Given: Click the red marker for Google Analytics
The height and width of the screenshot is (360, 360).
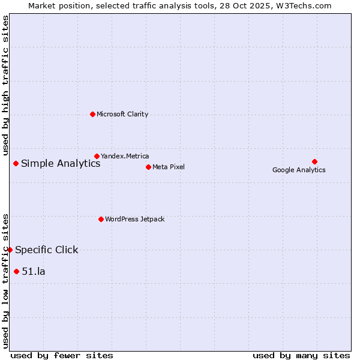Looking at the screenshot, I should tap(314, 161).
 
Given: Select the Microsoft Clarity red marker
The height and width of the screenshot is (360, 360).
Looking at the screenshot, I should tap(92, 114).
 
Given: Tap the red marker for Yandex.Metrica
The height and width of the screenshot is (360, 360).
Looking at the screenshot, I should tap(97, 156).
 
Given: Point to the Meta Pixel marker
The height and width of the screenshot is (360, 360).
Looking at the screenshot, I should tap(148, 167).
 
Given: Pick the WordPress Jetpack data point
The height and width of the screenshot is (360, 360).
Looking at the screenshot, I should tap(101, 219).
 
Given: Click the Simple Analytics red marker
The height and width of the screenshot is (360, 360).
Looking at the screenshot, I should tap(16, 163).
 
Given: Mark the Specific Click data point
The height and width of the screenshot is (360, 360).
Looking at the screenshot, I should tap(10, 250).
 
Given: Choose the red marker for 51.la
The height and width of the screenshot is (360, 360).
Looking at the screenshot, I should tap(16, 271).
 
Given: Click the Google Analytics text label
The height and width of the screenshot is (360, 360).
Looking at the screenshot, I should tap(299, 170).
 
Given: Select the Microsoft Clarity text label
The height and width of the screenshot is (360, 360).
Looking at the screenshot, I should tap(122, 114).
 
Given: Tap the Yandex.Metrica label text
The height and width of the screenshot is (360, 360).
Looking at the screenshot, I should tap(125, 156).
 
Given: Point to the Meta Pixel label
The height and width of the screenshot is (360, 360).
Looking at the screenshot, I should tap(169, 167).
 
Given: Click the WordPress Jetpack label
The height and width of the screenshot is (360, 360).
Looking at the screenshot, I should tap(134, 219).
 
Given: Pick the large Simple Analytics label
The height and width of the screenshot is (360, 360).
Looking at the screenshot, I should tap(61, 163).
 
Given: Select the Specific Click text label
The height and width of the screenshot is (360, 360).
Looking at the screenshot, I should tap(47, 250).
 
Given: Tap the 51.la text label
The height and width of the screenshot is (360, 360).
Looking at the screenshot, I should tap(34, 271).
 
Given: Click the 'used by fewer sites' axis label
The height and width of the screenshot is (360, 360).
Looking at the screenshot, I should tap(62, 355).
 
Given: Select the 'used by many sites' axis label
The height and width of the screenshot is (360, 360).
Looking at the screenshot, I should tap(301, 355).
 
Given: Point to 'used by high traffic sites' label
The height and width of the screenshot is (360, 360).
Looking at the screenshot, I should tap(5, 85).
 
